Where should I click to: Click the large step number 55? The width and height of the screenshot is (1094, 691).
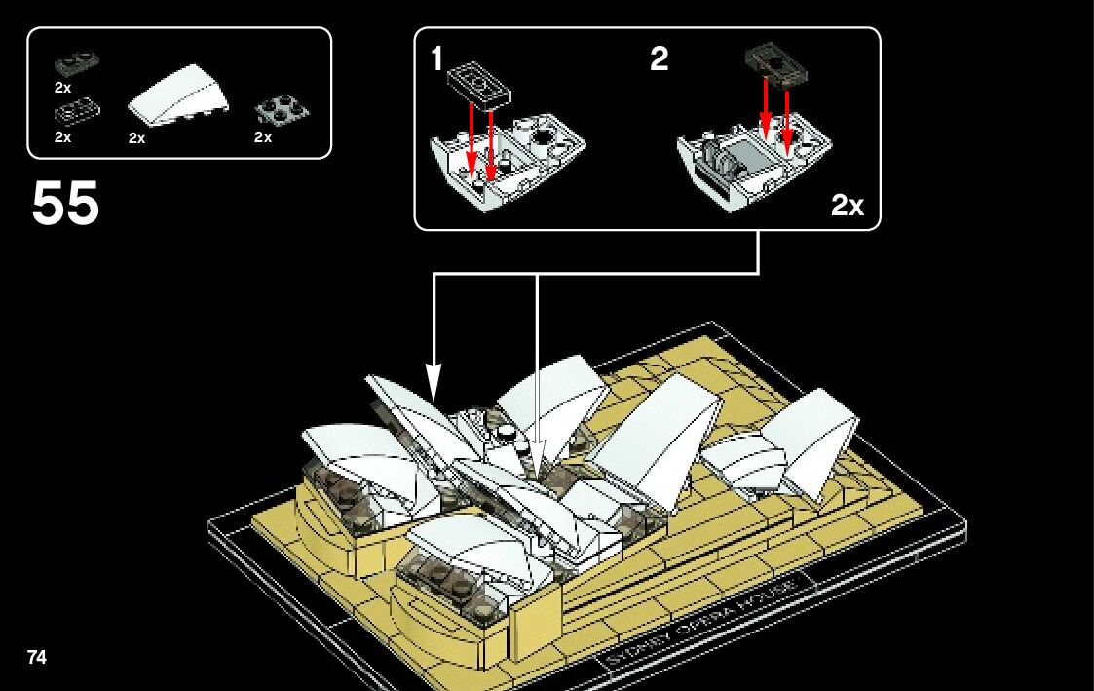coord(66,204)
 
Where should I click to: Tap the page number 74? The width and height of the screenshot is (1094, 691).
coord(37,657)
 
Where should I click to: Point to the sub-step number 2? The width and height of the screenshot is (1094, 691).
coord(660,60)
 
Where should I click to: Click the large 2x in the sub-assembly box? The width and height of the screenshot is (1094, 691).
coord(847,206)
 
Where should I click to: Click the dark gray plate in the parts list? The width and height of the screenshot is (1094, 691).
coord(77,63)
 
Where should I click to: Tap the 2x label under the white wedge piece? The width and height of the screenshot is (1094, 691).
coord(136,138)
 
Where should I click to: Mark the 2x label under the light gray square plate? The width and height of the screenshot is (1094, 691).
coord(263,137)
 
